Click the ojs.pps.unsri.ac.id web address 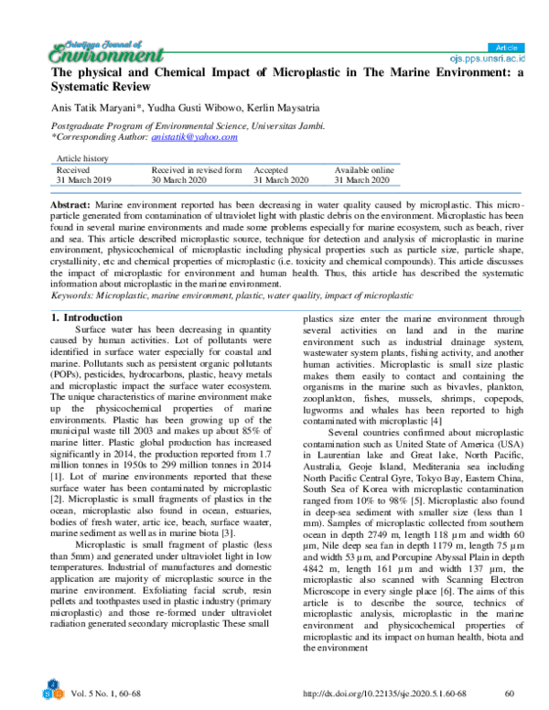tap(491, 59)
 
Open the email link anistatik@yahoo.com tap(194, 136)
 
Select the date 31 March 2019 tap(83, 180)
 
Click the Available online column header tap(364, 170)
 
